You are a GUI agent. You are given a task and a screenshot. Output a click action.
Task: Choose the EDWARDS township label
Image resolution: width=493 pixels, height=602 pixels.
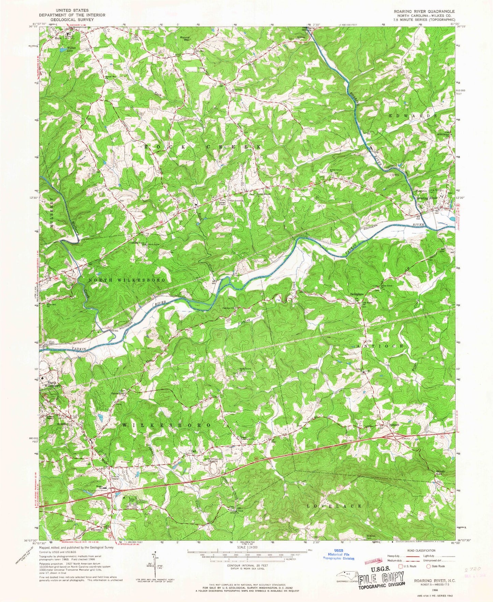pos(413,116)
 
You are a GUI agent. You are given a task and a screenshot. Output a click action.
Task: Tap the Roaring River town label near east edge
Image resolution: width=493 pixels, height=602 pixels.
pos(425,198)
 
